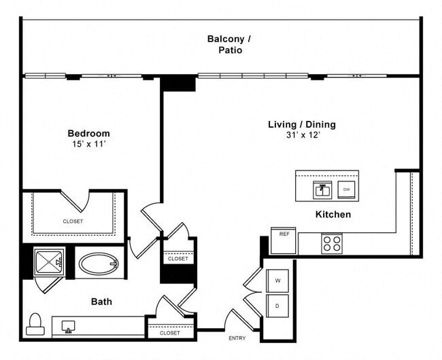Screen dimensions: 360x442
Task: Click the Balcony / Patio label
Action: (224, 44)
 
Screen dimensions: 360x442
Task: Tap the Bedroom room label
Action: (88, 133)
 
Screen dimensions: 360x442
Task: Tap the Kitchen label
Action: (333, 215)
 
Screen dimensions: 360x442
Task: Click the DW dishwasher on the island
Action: (346, 190)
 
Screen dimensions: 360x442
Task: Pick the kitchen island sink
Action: (322, 190)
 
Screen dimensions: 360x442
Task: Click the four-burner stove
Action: (331, 243)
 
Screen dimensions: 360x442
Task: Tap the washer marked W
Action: (277, 280)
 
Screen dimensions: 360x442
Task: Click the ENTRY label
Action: (237, 338)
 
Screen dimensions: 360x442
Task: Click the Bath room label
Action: (102, 302)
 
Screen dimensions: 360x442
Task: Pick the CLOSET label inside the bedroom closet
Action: (73, 221)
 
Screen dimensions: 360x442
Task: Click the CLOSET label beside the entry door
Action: (169, 333)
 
